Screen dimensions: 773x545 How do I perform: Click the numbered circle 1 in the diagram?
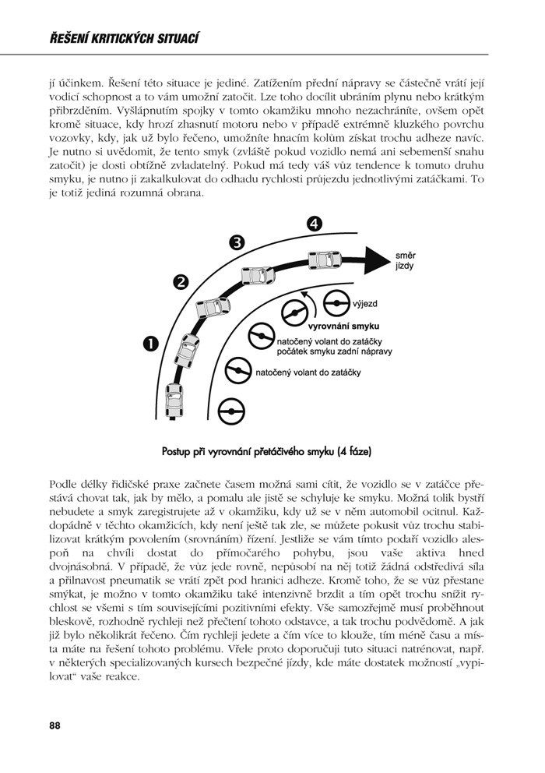pyautogui.click(x=149, y=343)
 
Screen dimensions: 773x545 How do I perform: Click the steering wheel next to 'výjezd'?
pyautogui.click(x=335, y=302)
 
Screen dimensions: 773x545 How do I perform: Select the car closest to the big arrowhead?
pyautogui.click(x=325, y=258)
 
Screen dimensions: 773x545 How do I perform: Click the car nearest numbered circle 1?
pyautogui.click(x=188, y=351)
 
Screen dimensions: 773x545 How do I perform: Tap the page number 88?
pyautogui.click(x=54, y=725)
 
